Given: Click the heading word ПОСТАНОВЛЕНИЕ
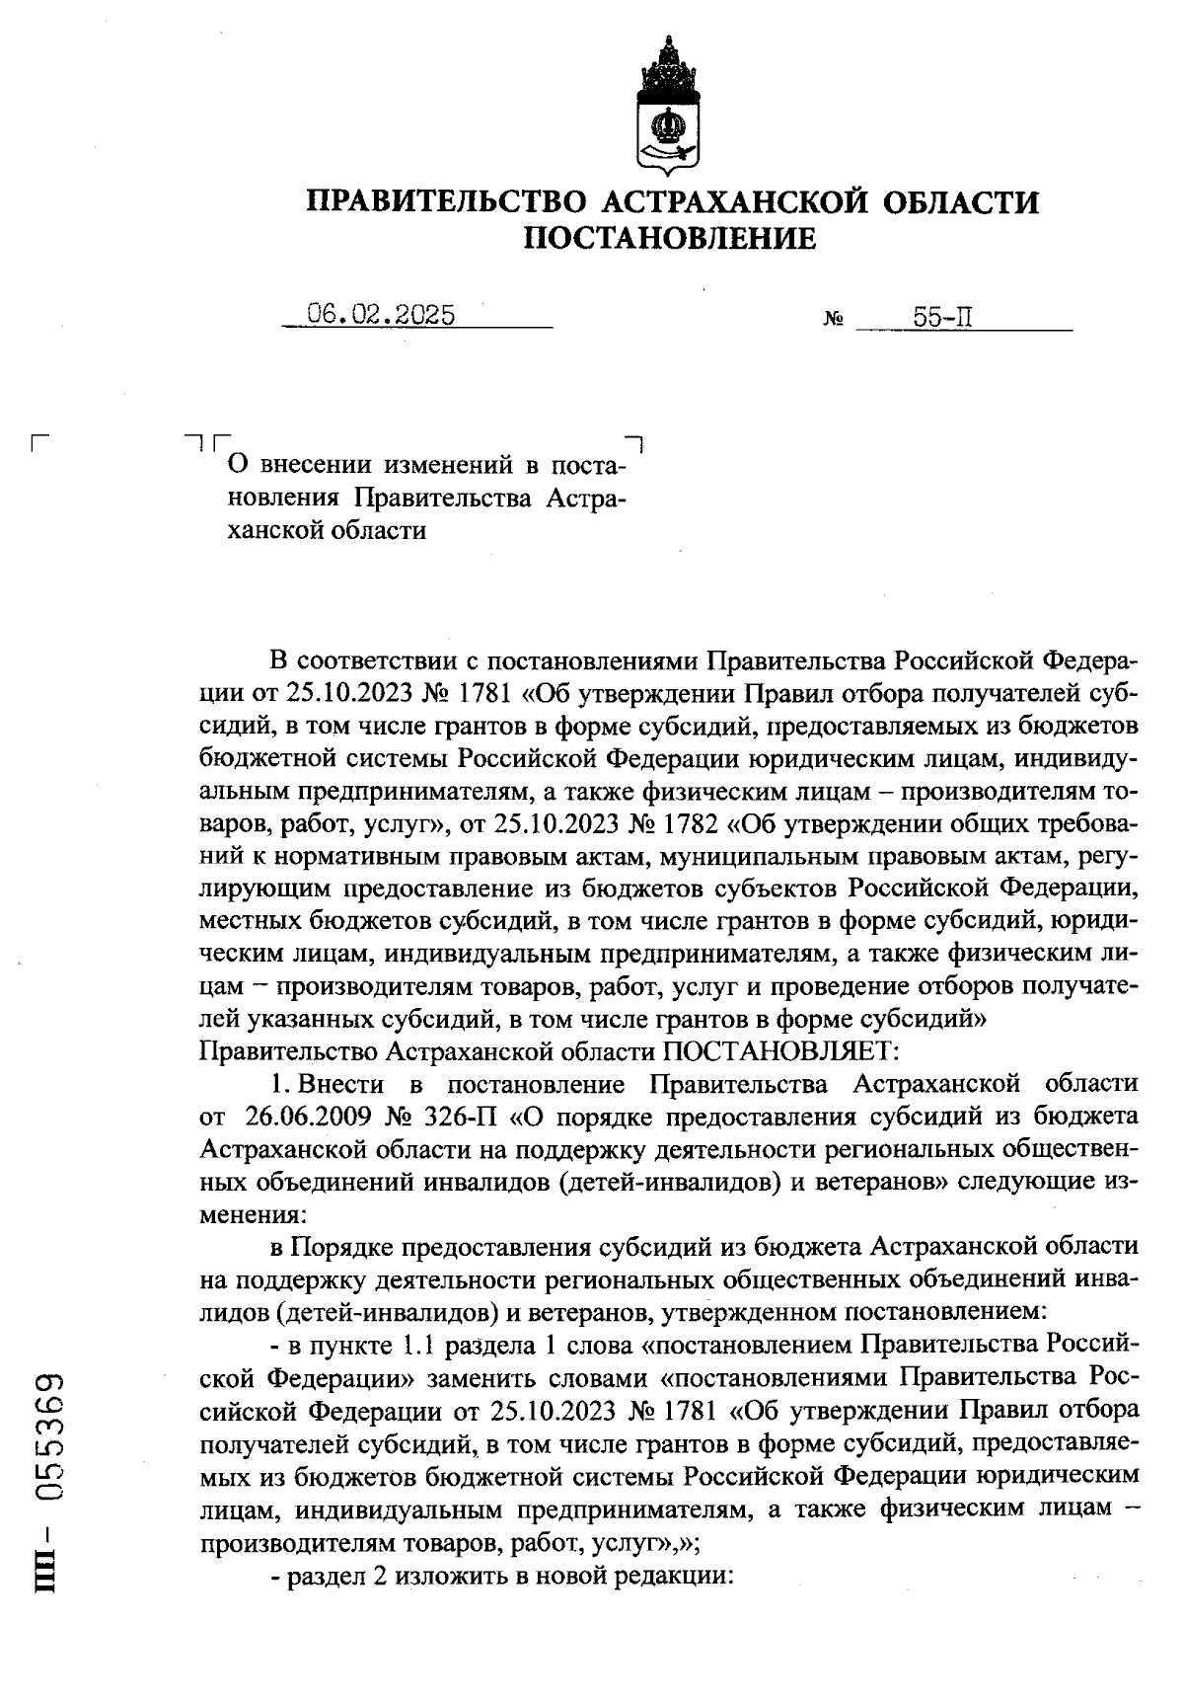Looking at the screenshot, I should tap(669, 238).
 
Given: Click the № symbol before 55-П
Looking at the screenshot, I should tap(832, 320).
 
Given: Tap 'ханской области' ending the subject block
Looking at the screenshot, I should tap(327, 530).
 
